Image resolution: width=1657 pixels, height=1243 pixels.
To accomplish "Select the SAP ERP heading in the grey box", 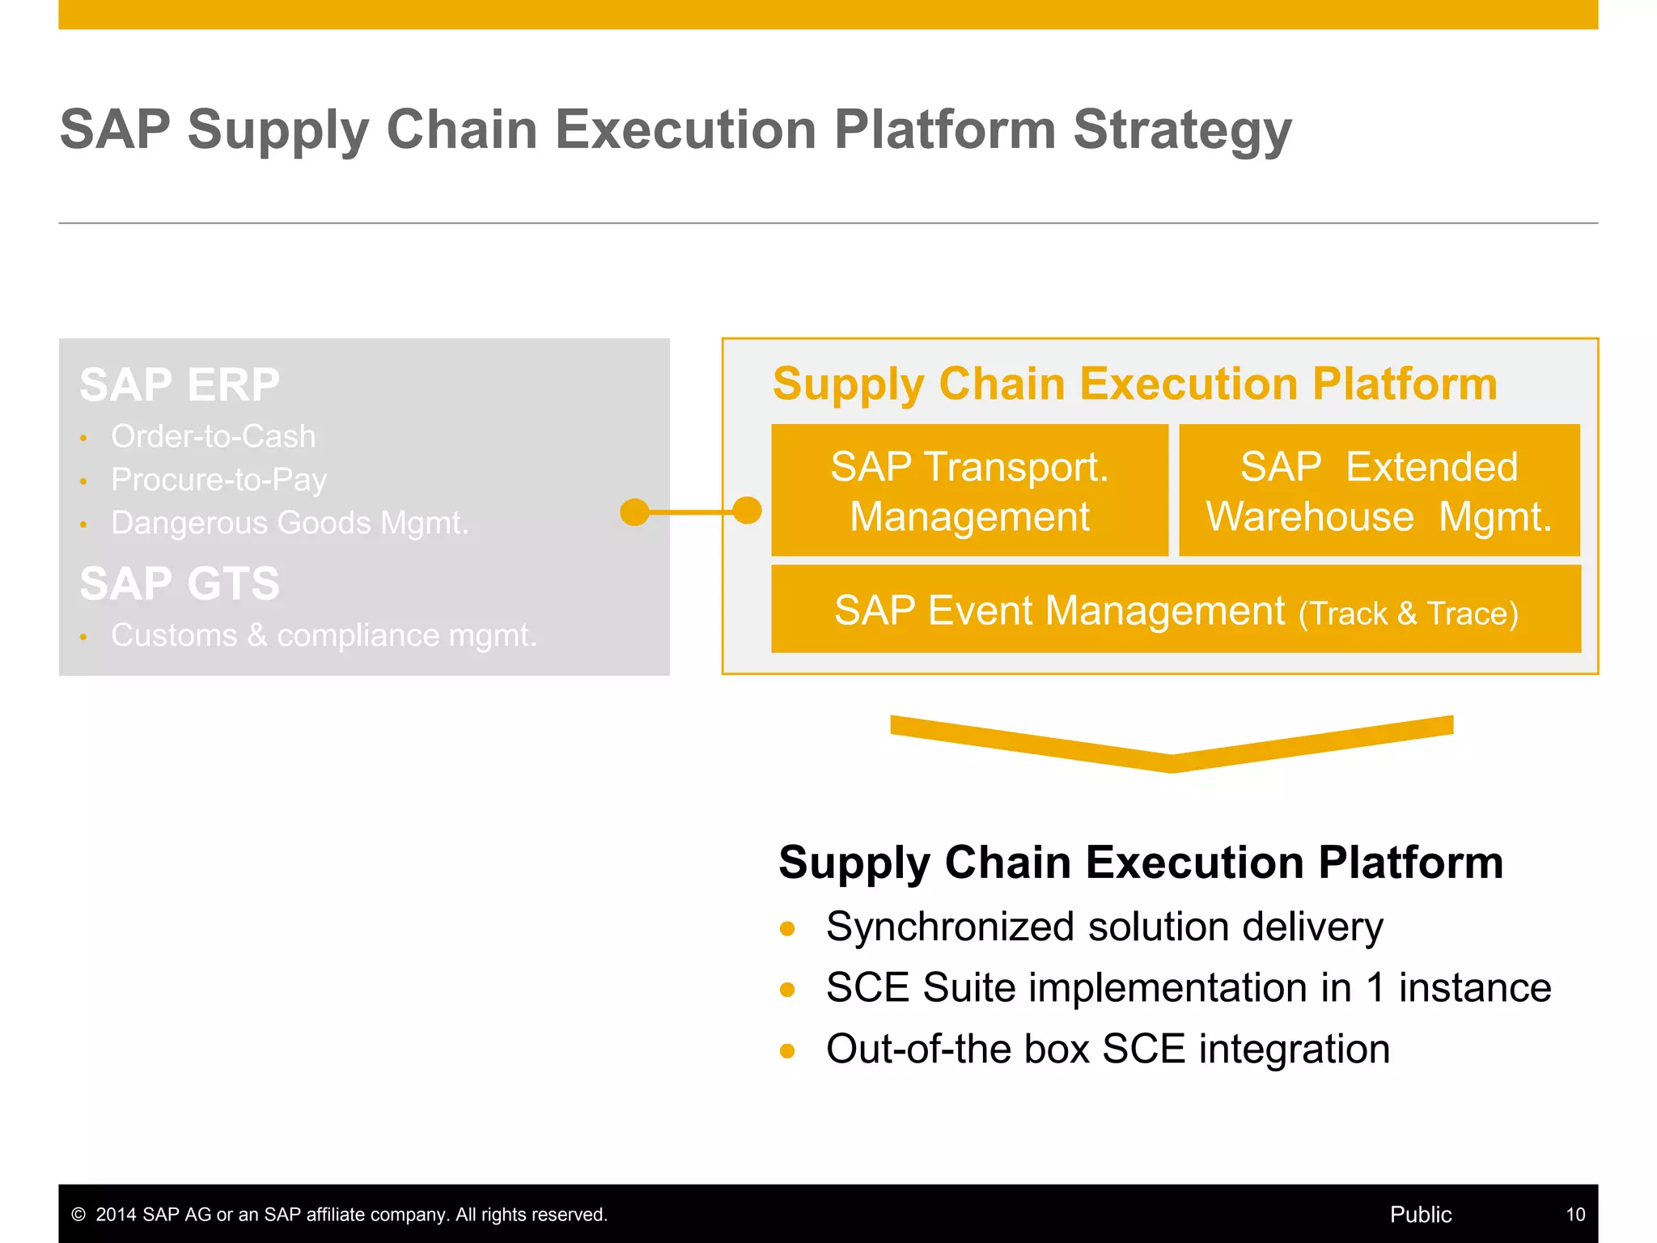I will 180,384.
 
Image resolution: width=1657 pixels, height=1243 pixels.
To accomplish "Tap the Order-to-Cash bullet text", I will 213,437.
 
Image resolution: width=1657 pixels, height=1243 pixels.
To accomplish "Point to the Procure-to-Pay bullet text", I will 218,480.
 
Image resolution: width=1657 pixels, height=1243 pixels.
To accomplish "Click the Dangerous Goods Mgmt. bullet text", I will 290,523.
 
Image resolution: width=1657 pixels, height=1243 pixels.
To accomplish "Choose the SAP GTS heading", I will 180,583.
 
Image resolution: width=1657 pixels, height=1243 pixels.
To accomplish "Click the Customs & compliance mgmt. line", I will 324,635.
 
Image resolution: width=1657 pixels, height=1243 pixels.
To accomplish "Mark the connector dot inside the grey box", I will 634,511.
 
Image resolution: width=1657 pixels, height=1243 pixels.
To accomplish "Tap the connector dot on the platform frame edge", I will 747,511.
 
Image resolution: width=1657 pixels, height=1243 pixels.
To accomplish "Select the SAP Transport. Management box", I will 969,490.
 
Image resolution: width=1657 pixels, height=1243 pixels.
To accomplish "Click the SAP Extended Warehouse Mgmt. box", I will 1379,490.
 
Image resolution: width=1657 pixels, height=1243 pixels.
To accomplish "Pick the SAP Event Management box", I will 1176,609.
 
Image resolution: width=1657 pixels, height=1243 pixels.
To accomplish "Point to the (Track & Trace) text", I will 1408,613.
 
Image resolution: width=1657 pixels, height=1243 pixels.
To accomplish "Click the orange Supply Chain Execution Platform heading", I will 1134,384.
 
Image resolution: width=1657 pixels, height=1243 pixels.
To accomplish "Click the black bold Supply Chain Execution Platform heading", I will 1141,862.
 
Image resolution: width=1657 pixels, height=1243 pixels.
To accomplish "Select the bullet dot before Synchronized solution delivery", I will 787,928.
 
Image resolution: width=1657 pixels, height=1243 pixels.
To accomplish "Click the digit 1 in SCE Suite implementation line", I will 1375,988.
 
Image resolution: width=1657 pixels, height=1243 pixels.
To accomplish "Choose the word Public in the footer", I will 1420,1215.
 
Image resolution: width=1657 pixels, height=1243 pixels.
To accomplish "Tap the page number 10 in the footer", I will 1574,1215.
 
